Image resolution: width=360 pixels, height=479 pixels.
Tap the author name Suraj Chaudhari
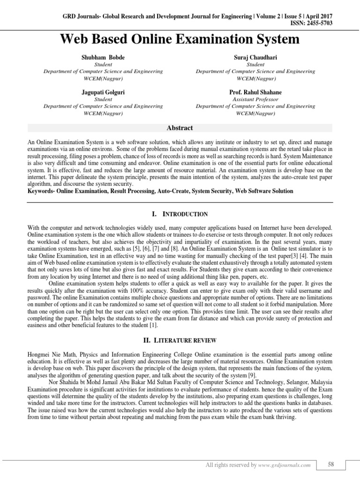[x=255, y=57]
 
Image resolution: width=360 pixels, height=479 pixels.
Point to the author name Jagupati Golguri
[x=103, y=93]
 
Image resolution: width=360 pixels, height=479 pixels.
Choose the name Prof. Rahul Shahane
[x=255, y=93]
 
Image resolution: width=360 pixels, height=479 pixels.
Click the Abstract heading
[x=180, y=128]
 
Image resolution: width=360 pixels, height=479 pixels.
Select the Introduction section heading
[x=180, y=214]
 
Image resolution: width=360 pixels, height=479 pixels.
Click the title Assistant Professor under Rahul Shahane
[x=255, y=100]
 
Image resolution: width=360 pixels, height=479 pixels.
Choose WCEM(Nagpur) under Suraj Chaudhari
[x=255, y=78]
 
